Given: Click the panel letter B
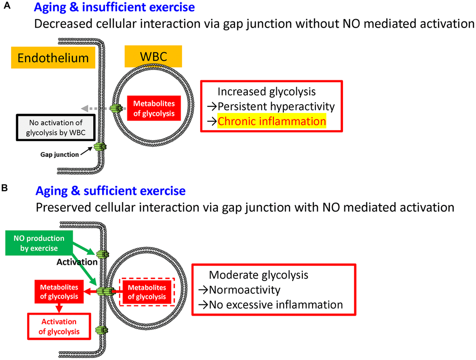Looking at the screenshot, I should [5, 188].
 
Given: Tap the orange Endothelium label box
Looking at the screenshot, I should [53, 58].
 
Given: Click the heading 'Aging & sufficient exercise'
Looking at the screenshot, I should [110, 191].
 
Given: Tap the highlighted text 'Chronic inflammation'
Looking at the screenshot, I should [272, 121].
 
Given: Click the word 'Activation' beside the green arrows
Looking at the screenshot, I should [77, 262].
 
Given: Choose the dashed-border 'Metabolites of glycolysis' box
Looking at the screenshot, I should [146, 292].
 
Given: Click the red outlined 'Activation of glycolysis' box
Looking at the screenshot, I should [59, 326].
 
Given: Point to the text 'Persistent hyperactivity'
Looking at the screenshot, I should [276, 106].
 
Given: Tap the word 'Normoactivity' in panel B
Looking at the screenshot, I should [245, 290].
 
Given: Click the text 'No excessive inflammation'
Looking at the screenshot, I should [275, 305].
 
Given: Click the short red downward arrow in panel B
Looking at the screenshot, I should [59, 308].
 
